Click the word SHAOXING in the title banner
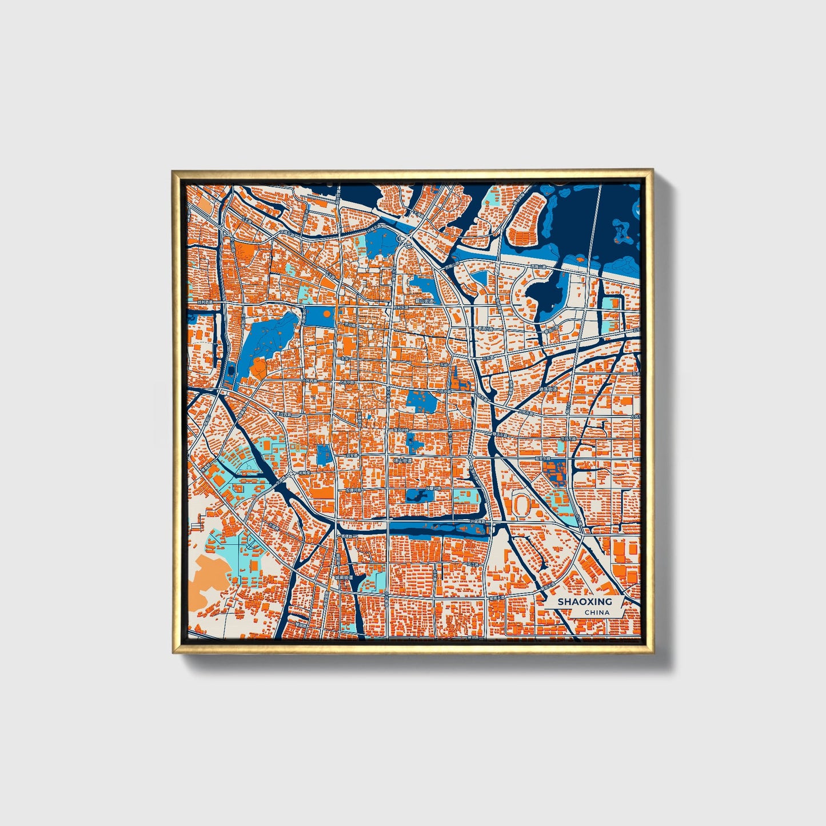(584, 602)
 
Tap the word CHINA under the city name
(596, 613)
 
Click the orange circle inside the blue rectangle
(326, 313)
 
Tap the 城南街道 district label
(344, 578)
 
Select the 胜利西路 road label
(204, 302)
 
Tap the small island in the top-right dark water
(620, 230)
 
